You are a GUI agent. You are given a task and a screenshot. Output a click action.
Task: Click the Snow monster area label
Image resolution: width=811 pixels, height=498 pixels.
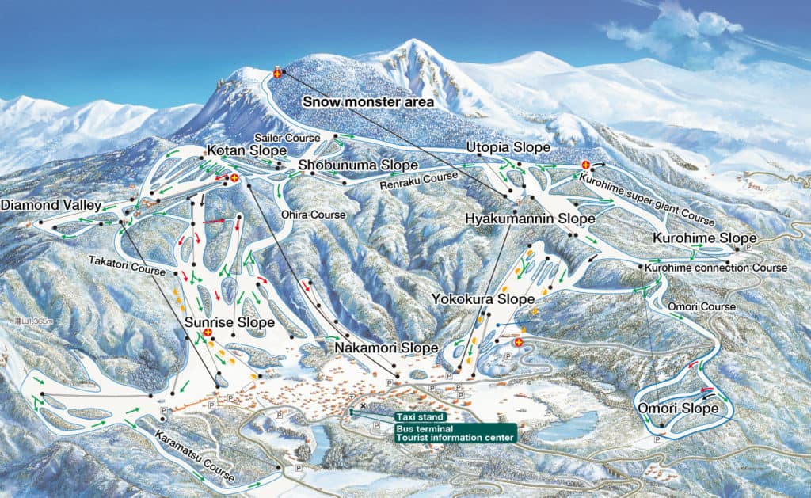point(368,102)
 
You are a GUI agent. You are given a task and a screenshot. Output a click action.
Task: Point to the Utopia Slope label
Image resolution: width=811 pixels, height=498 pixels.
point(508,148)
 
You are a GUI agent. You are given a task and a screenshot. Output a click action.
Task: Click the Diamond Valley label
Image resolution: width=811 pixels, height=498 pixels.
point(51,205)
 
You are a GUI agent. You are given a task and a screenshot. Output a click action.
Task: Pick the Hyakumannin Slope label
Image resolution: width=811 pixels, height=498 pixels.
point(529,219)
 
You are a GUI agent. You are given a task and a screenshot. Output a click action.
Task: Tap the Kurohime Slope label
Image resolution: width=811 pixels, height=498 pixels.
point(704,238)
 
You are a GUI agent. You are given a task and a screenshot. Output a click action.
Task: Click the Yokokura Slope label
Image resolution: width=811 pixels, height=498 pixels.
point(482,299)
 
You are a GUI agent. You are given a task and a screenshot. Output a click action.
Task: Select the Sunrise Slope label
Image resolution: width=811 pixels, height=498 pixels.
point(230,322)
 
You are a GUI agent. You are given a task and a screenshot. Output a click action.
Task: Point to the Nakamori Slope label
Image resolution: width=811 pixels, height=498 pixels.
point(386,347)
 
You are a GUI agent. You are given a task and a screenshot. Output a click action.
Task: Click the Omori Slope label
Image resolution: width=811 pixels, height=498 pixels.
point(678,409)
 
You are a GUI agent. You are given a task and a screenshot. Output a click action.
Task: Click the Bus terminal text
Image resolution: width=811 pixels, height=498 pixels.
point(421,428)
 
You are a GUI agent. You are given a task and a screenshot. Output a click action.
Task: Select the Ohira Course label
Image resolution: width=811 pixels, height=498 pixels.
point(314,215)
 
